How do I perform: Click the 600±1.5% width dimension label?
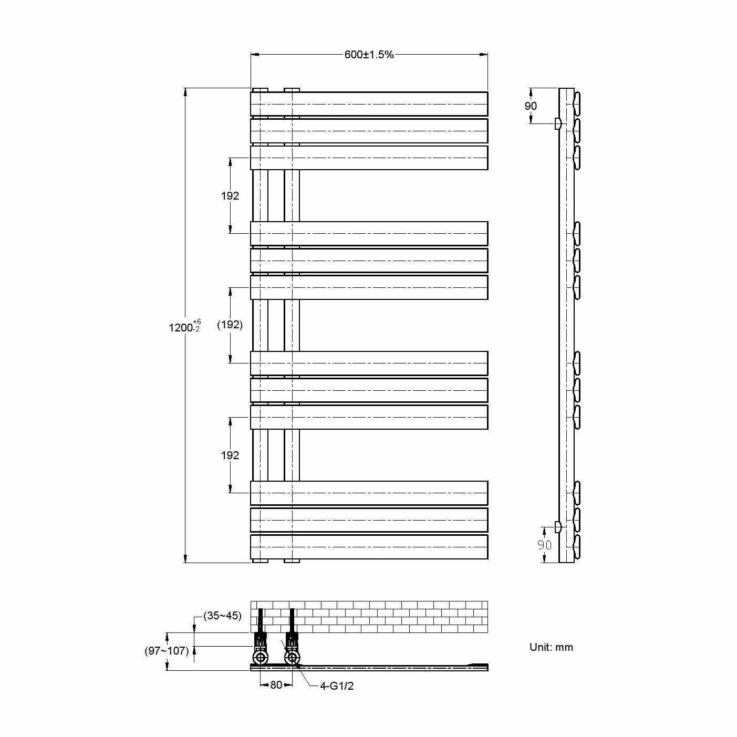click(369, 55)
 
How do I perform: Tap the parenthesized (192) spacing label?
click(230, 325)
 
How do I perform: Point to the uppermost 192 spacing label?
click(230, 196)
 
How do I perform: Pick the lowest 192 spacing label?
click(230, 455)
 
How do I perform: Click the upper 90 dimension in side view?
click(531, 106)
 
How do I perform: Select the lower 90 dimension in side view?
click(545, 545)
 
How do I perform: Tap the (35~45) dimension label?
click(223, 616)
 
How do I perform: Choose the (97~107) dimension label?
click(167, 651)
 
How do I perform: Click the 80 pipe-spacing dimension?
click(276, 685)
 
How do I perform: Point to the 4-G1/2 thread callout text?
click(337, 686)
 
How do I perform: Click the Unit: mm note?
click(551, 647)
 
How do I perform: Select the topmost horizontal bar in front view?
click(369, 104)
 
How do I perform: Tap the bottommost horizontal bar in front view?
click(369, 547)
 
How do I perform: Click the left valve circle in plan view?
click(260, 657)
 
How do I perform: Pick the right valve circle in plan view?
click(292, 657)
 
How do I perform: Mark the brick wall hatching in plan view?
click(389, 617)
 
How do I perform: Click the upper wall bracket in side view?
click(557, 124)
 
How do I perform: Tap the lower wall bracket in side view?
click(557, 526)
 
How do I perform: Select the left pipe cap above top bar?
click(260, 90)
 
